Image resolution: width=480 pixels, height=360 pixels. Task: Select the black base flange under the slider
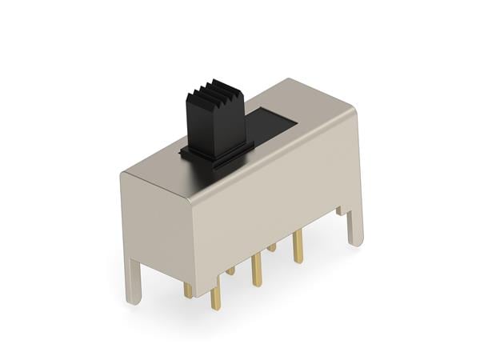click(x=216, y=150)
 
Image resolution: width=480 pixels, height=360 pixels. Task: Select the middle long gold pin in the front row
click(x=256, y=270)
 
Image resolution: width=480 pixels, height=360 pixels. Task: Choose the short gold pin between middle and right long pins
click(x=272, y=247)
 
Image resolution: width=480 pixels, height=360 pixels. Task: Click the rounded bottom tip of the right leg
click(x=357, y=242)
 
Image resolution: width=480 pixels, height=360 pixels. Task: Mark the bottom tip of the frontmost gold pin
click(x=215, y=309)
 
